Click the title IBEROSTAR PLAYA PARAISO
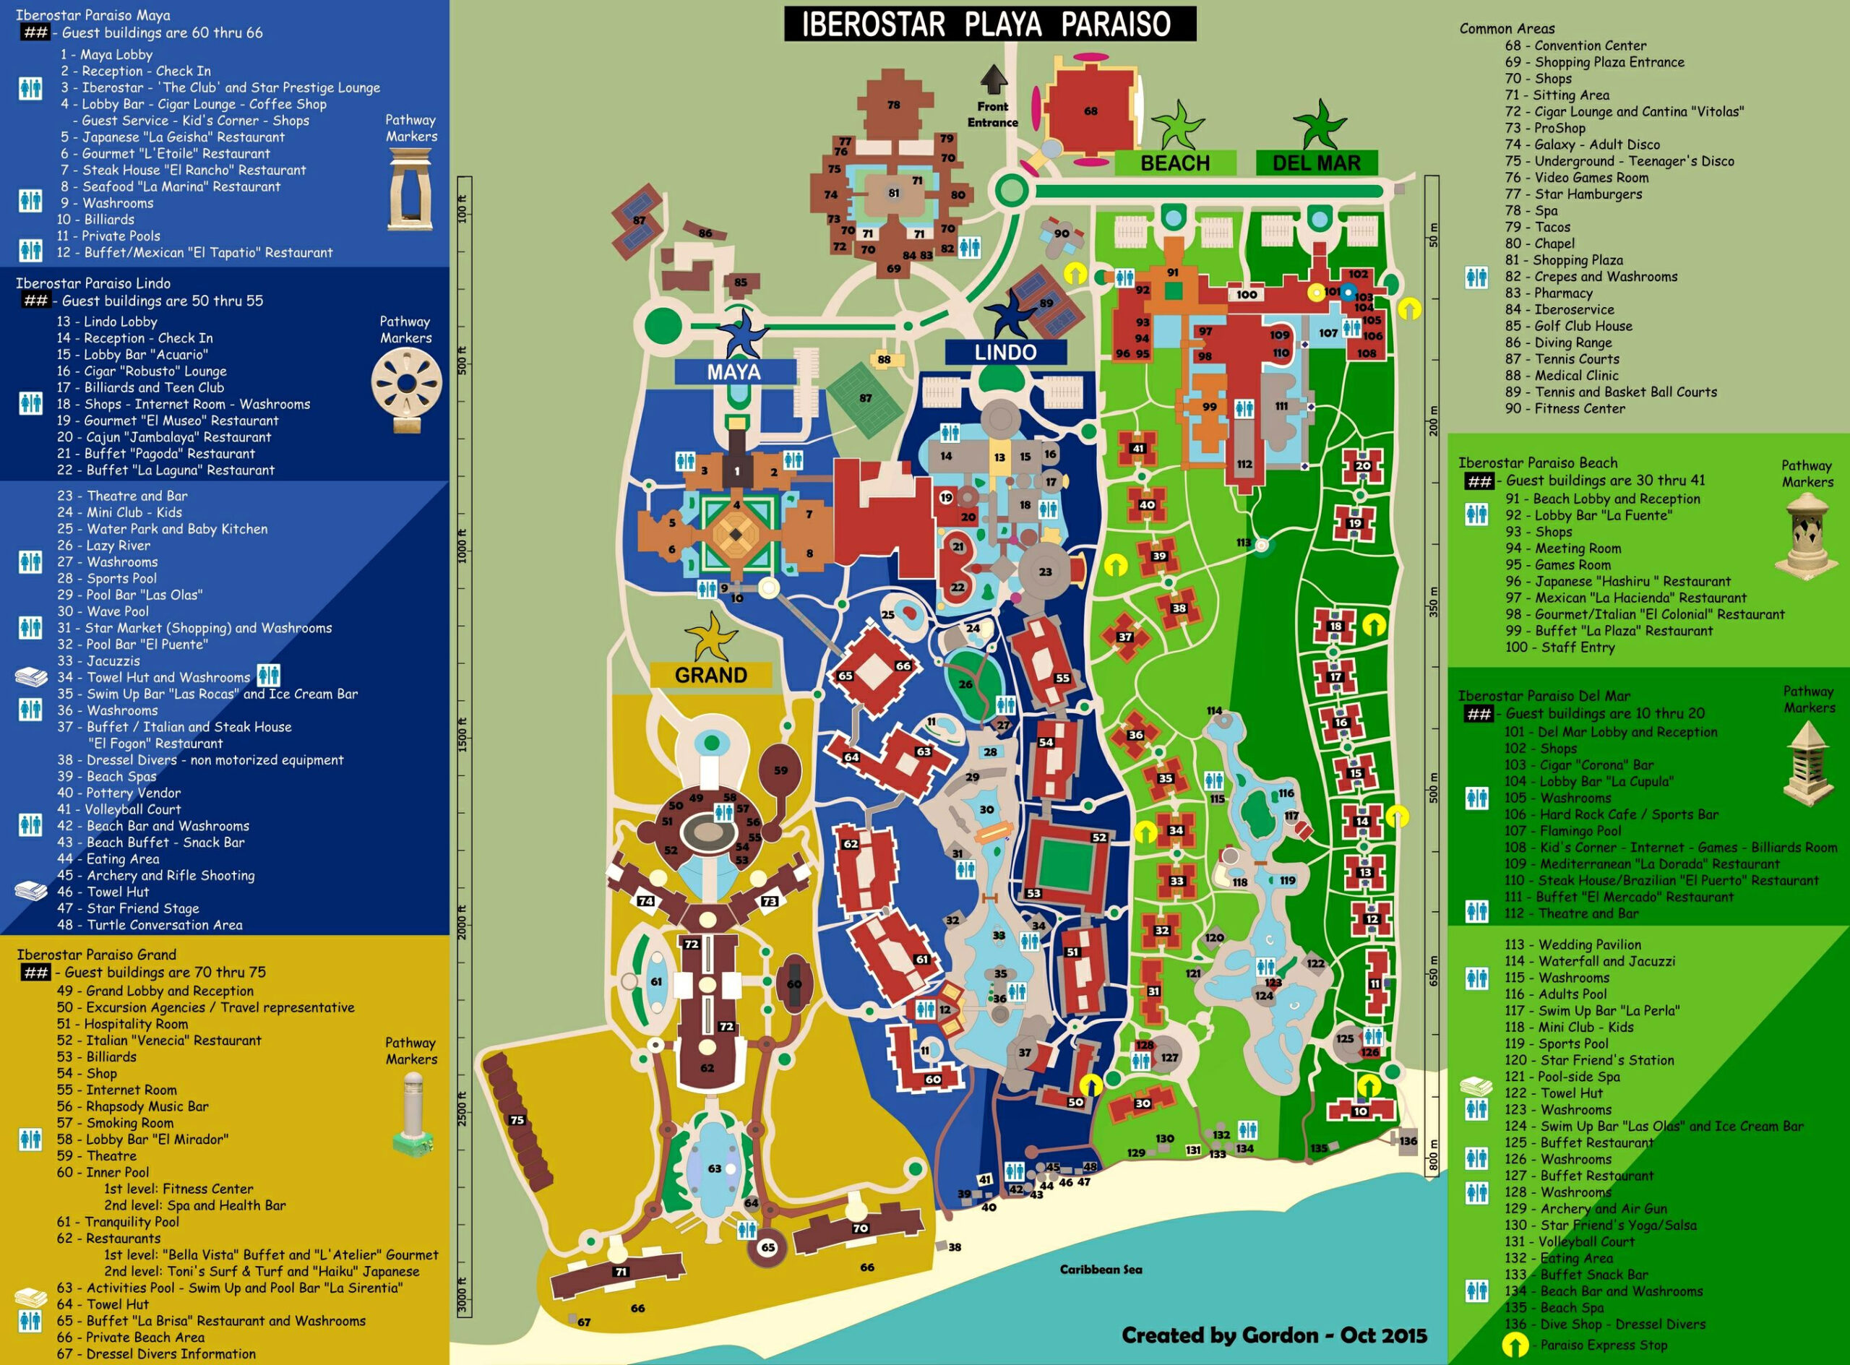click(x=989, y=23)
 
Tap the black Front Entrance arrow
click(x=993, y=81)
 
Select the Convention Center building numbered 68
click(x=1090, y=110)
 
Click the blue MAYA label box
click(x=734, y=372)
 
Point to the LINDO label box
click(x=1004, y=352)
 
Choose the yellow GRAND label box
click(x=710, y=675)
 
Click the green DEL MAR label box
click(x=1316, y=163)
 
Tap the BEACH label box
click(x=1174, y=163)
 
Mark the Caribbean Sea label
click(x=1101, y=1269)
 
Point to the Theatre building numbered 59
click(x=780, y=770)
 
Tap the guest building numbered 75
click(x=518, y=1121)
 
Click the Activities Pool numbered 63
click(x=715, y=1168)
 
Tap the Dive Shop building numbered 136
click(x=1408, y=1140)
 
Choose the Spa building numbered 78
click(x=893, y=105)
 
